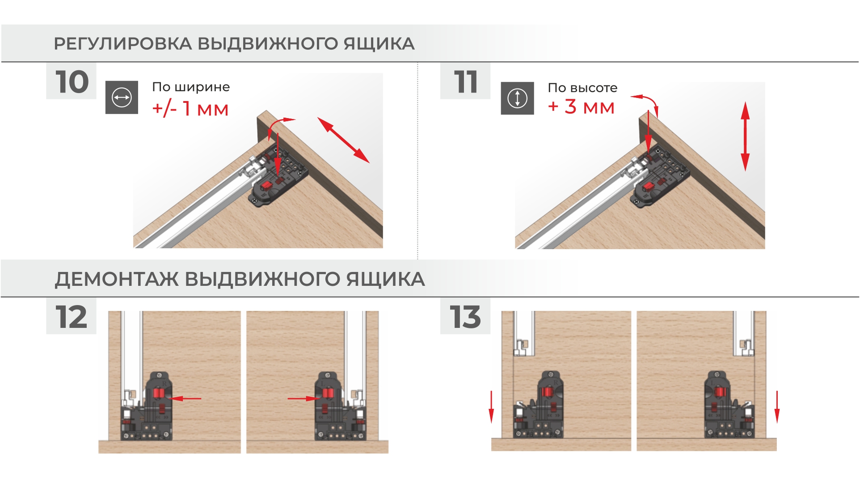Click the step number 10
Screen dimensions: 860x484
click(x=72, y=82)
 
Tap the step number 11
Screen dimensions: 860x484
click(x=466, y=82)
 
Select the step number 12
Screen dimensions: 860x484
click(x=71, y=317)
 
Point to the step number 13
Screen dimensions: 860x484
click(x=465, y=317)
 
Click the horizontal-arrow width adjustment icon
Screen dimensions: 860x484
click(x=122, y=98)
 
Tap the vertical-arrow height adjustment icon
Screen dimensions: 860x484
click(x=517, y=98)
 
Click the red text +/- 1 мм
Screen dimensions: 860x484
click(x=190, y=109)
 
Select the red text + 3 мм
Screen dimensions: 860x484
click(x=581, y=107)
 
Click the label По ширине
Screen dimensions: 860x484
click(x=191, y=87)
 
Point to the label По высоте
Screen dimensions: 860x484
click(x=582, y=88)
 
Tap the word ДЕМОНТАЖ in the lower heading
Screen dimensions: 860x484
click(x=117, y=279)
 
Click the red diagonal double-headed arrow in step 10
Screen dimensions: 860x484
click(x=343, y=140)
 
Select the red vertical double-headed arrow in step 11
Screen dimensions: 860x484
click(x=745, y=136)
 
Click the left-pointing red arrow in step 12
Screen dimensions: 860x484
click(x=185, y=398)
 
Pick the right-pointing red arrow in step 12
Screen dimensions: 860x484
click(x=304, y=398)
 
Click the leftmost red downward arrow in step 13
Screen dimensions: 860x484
click(x=491, y=407)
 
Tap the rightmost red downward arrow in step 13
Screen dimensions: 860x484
click(x=777, y=407)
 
